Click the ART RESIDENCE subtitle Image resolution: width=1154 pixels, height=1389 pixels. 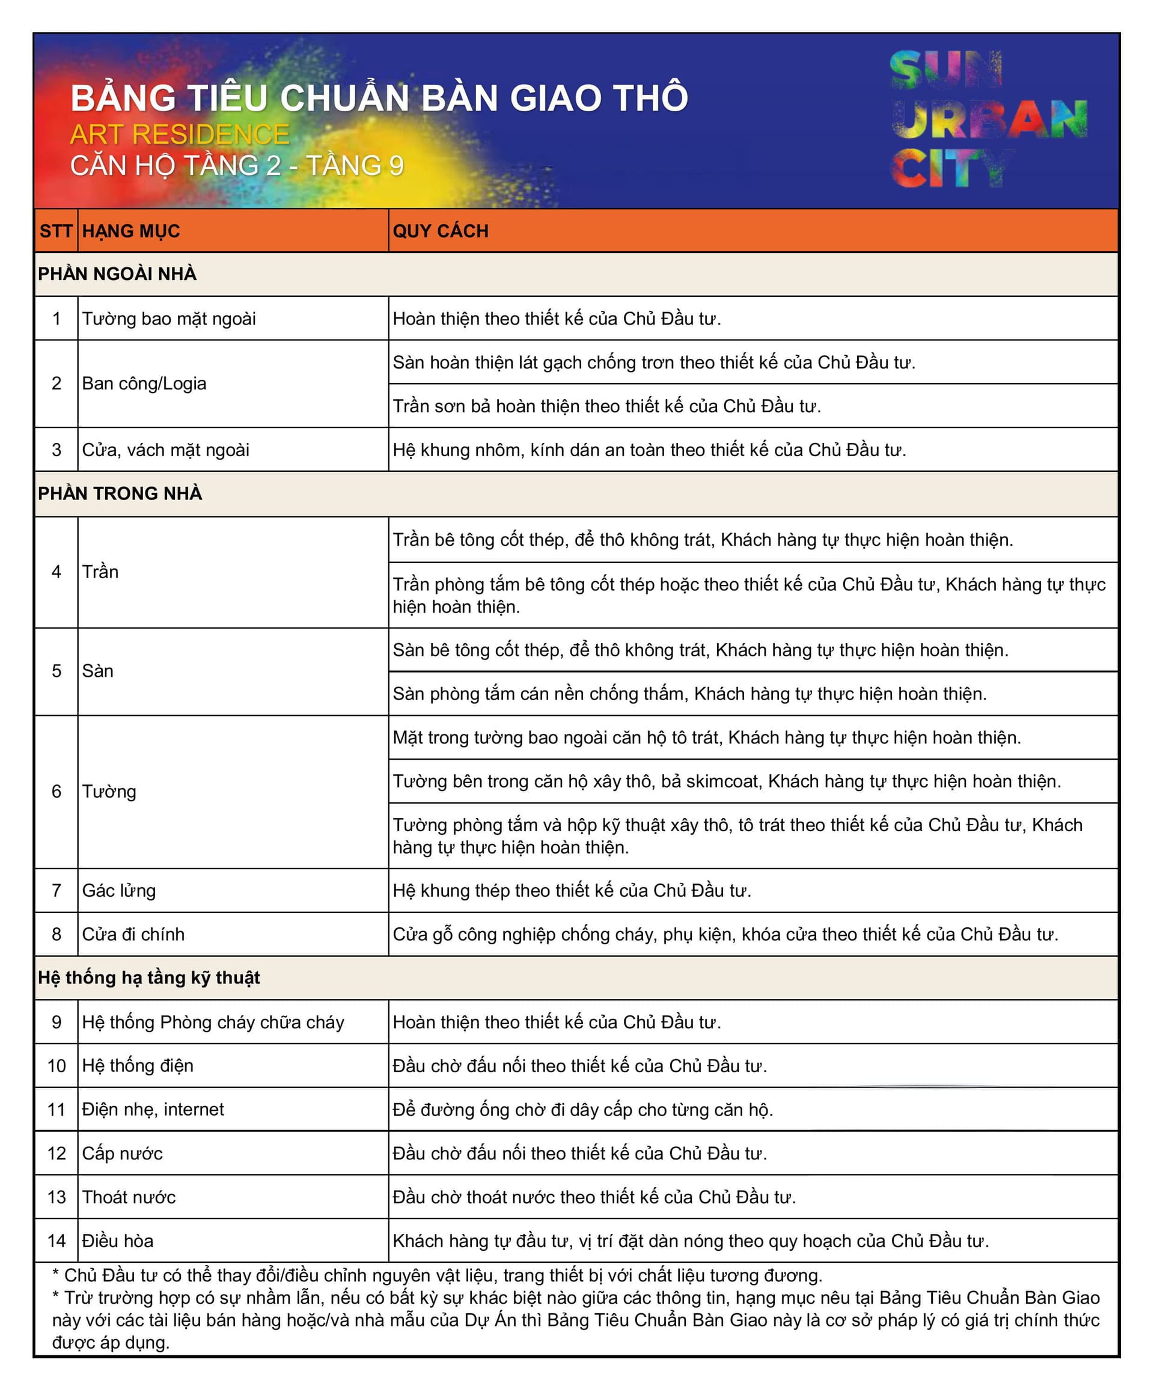pos(179,135)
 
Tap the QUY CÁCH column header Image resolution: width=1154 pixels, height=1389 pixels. pos(441,231)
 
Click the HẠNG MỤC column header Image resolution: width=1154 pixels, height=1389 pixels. pos(131,231)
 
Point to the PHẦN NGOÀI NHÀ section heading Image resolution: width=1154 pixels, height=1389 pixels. pos(117,274)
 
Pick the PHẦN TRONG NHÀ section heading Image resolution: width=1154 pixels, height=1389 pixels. pos(120,493)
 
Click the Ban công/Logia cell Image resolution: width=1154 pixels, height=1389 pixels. pos(144,383)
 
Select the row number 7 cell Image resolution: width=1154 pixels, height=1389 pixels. pos(56,890)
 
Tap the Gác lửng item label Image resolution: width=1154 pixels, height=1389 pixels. pos(119,890)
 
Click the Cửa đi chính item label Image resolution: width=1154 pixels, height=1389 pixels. pos(133,934)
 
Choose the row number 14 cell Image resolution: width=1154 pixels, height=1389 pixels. pos(56,1241)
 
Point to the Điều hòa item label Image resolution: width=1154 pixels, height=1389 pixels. pos(118,1241)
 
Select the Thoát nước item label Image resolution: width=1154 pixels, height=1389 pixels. pos(129,1197)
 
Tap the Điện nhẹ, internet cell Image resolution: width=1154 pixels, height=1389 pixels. pos(153,1109)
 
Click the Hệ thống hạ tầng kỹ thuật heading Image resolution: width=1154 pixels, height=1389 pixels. pos(149,978)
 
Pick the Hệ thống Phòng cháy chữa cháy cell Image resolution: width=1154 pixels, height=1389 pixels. pos(213,1022)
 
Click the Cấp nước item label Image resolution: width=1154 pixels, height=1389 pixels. pos(123,1153)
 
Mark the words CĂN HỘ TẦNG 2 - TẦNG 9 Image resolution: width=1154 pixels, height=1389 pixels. pos(237,166)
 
